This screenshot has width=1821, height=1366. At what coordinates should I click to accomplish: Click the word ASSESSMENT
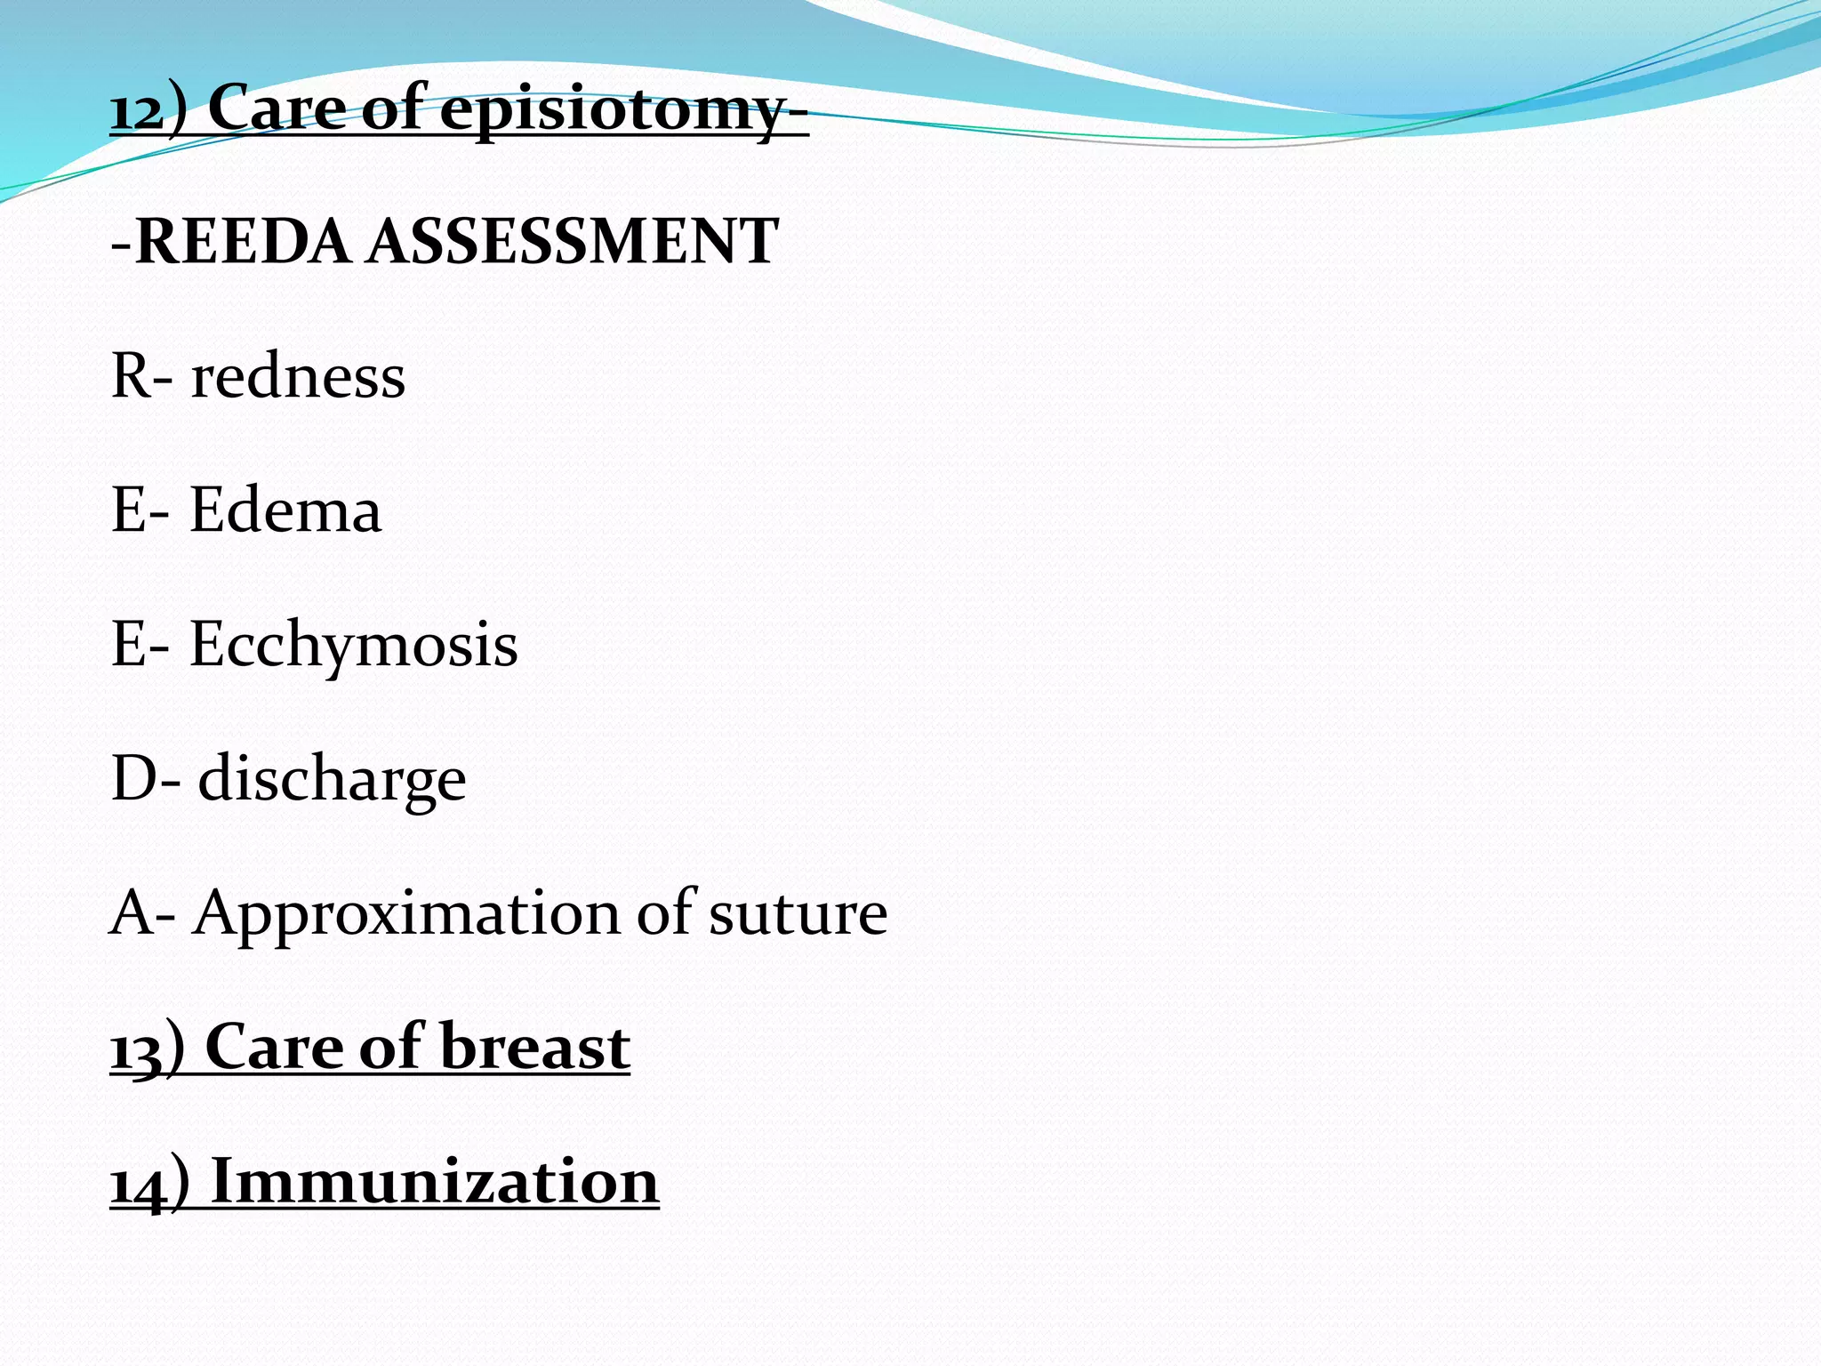(574, 242)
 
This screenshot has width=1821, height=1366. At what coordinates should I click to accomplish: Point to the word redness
(298, 377)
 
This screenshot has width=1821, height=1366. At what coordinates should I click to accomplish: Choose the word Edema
(285, 510)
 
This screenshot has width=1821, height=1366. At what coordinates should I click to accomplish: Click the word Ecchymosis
(353, 646)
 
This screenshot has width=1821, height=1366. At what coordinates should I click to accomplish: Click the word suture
(798, 914)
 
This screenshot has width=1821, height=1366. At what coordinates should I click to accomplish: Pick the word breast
(534, 1048)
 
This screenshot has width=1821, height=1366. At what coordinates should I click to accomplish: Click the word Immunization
(435, 1182)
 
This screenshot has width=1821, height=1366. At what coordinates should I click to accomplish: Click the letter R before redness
(129, 377)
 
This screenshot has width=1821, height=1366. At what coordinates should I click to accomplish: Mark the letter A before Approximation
(130, 914)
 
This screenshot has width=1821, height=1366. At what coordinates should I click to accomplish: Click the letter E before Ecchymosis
(127, 646)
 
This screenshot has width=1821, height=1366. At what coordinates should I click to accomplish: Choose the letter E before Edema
(127, 510)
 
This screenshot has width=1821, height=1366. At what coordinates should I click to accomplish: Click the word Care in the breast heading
(274, 1048)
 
